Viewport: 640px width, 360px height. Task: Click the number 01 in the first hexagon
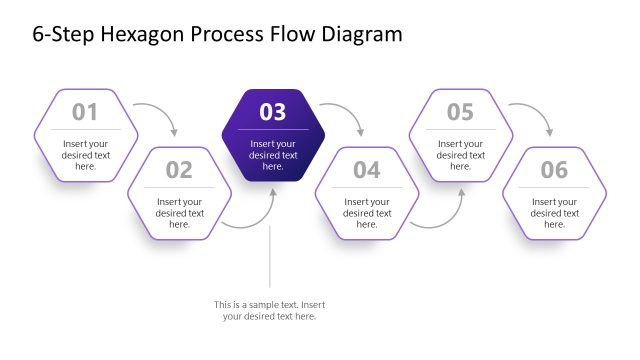tap(85, 112)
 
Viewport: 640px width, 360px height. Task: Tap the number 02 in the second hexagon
tap(179, 170)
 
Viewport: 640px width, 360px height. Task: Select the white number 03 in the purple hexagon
tap(273, 112)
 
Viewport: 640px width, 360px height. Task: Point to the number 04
tap(367, 170)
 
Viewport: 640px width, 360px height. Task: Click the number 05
tap(460, 112)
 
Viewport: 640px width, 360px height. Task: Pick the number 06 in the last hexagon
tap(554, 170)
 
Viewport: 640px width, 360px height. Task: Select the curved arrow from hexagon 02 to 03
tap(256, 219)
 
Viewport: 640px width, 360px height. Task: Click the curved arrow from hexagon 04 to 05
tap(444, 219)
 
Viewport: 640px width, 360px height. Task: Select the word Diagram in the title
tap(357, 34)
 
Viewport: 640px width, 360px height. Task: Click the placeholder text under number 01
tap(85, 155)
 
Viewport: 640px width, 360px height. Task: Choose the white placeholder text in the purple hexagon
tap(273, 155)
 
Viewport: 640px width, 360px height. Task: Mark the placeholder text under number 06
tap(554, 213)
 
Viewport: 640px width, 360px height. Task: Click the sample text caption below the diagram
tap(269, 310)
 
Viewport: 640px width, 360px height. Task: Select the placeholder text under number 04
tap(367, 213)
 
